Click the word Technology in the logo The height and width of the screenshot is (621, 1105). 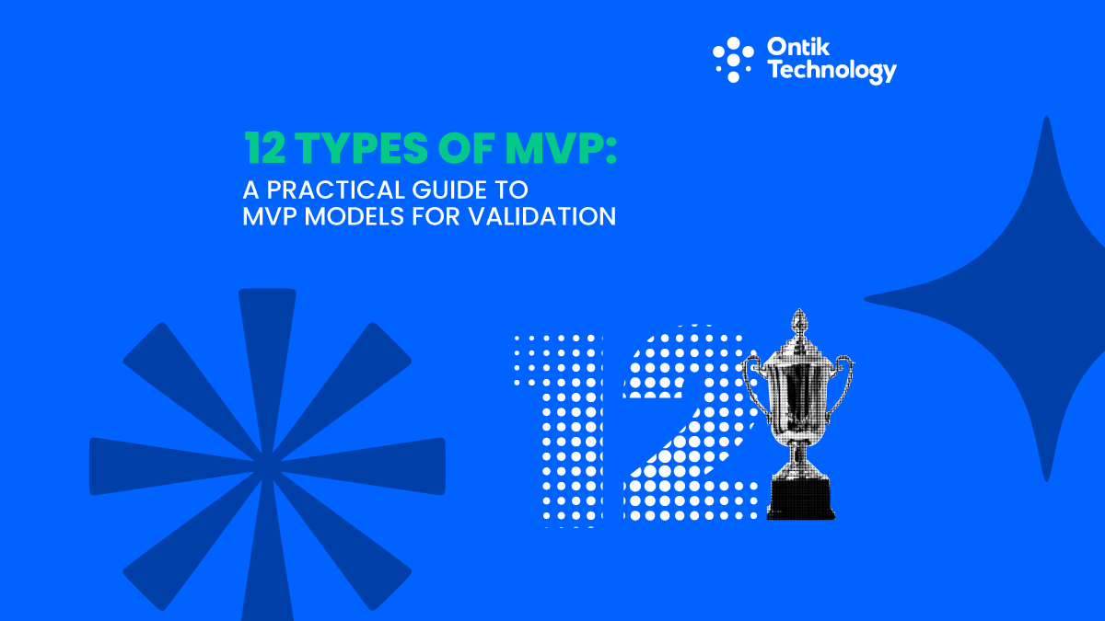click(832, 72)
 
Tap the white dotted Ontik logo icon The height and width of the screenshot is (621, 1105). click(733, 58)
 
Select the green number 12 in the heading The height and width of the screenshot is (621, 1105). click(266, 146)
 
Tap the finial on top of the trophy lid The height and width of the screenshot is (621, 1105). click(797, 322)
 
